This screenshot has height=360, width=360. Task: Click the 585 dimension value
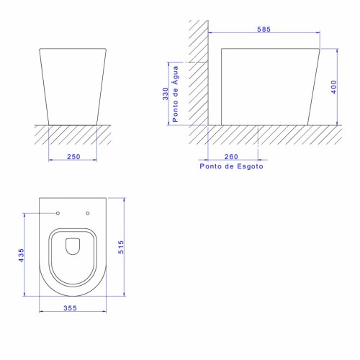264,30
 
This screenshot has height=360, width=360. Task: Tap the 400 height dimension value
334,87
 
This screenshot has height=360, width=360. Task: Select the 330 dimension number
166,94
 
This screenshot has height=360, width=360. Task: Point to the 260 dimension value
231,157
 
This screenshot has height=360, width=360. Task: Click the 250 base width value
73,157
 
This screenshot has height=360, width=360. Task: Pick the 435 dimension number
22,256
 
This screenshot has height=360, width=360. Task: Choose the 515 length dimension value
121,247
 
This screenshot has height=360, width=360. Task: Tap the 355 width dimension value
70,308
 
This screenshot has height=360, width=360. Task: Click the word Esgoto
250,166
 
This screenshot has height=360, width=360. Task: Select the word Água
176,75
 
